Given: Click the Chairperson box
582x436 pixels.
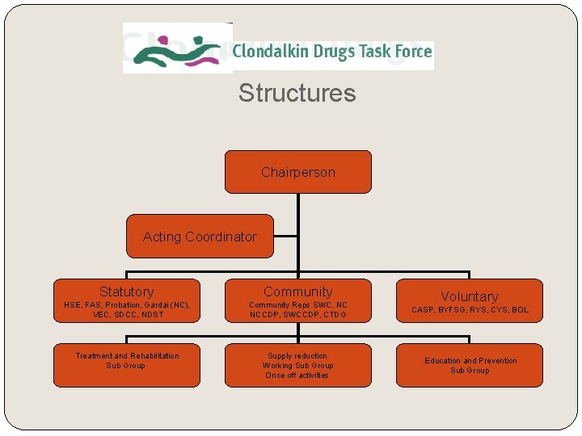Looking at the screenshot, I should [x=297, y=172].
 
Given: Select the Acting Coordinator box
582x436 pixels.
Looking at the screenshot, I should [x=200, y=237].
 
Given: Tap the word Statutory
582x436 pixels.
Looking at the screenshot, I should [x=126, y=291].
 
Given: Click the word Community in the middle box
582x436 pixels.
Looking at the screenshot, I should [x=297, y=291].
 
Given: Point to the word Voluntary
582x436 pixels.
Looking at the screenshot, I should [x=469, y=296].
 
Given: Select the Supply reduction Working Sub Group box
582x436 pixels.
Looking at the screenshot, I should [x=297, y=365].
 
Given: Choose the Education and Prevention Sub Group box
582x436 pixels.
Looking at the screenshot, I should [x=469, y=365].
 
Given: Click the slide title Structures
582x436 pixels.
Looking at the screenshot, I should [x=297, y=93].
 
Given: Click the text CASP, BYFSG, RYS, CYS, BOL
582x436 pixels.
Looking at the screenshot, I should [x=470, y=310].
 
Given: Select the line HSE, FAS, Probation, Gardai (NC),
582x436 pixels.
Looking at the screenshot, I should [x=127, y=305].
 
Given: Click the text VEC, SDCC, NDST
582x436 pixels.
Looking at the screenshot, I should [x=127, y=315].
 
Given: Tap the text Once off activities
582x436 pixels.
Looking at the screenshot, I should [x=297, y=375].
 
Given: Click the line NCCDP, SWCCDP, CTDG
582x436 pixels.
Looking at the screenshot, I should [x=297, y=315].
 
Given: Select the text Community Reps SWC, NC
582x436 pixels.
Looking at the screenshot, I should [x=297, y=305].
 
